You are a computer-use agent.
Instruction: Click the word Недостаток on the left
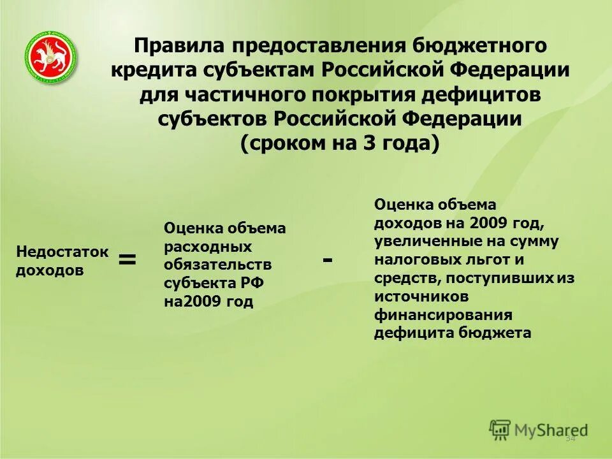click(x=62, y=252)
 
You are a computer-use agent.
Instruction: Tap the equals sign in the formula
click(x=127, y=259)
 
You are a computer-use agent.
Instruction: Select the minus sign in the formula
click(x=328, y=259)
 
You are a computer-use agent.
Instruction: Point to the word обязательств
click(x=218, y=265)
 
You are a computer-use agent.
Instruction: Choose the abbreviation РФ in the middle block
click(x=244, y=283)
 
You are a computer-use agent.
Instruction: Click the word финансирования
click(x=443, y=315)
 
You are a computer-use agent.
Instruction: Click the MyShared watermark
click(x=539, y=430)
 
